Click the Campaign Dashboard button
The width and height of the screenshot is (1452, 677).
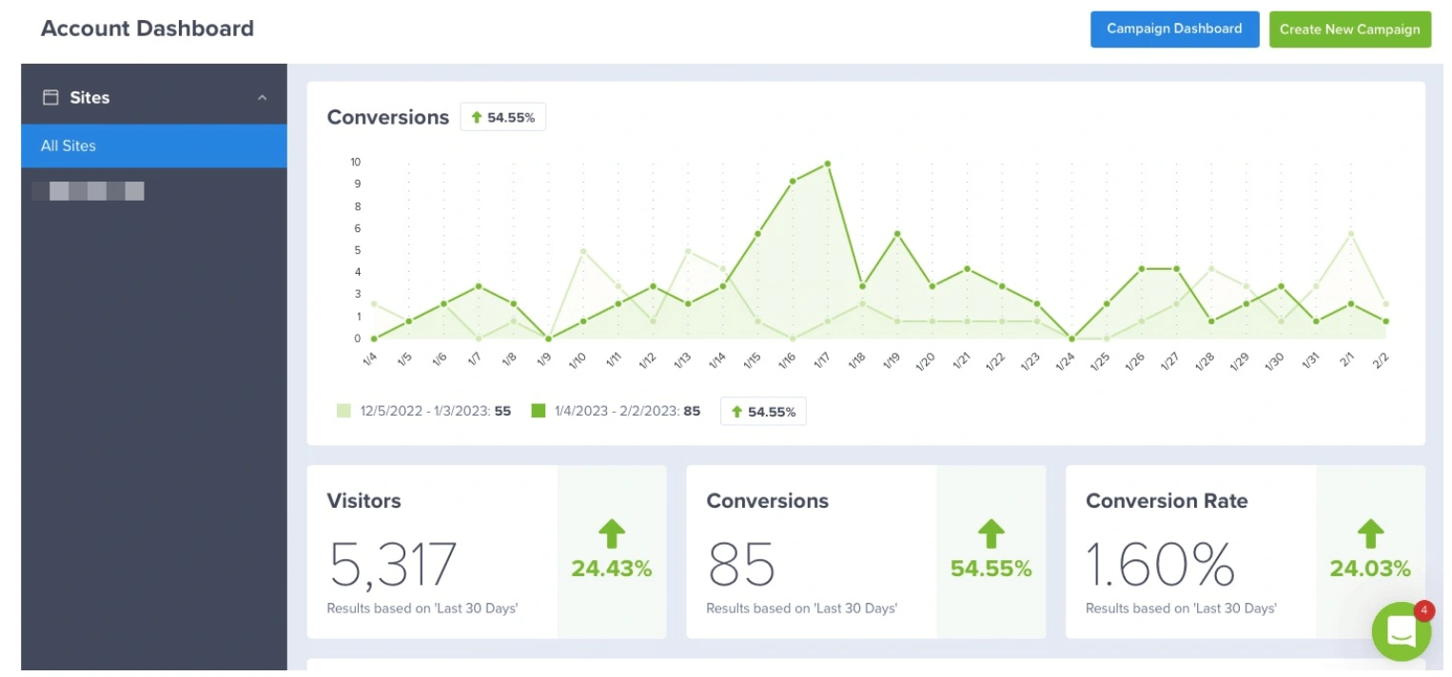1174,29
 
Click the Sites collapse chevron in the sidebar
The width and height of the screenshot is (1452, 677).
263,98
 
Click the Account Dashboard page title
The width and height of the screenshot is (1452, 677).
147,29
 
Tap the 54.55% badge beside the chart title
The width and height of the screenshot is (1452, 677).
502,118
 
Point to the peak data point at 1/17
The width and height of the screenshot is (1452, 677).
828,164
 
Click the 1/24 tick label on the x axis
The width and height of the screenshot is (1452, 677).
1066,361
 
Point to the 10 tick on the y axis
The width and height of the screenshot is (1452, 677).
356,162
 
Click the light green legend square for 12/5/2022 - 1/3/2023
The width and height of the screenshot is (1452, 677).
343,412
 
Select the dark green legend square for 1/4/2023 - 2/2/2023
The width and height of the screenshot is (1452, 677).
539,412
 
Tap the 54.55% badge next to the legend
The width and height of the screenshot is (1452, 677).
763,412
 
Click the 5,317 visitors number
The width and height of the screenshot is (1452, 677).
392,564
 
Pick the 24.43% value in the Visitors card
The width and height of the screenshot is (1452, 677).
611,569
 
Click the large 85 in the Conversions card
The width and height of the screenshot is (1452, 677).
741,564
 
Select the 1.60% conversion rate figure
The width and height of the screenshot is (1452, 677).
1160,564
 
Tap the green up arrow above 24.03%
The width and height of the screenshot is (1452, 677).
1370,533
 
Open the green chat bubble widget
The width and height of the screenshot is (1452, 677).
1401,632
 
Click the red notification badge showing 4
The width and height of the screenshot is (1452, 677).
1424,610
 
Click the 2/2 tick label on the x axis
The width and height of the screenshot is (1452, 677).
1382,361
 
